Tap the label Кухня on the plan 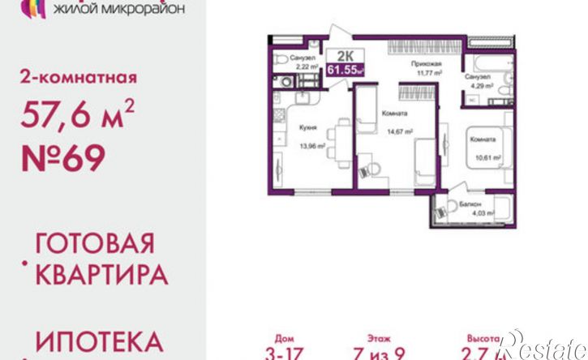(x=307, y=126)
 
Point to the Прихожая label (x=426, y=62)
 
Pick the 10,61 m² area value (x=486, y=158)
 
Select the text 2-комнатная (x=77, y=79)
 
